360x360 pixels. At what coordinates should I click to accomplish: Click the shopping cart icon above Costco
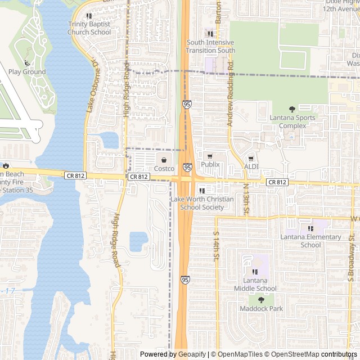coord(164,160)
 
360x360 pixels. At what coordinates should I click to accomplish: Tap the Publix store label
coord(210,165)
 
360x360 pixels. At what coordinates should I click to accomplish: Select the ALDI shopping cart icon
coord(251,159)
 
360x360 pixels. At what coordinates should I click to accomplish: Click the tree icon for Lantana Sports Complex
coord(291,109)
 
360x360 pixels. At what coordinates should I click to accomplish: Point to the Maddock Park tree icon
coord(261,300)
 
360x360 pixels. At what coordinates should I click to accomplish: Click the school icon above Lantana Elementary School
coord(310,228)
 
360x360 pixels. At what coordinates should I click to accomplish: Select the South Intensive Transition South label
coord(210,46)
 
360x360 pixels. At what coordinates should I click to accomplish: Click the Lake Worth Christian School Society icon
coord(202,191)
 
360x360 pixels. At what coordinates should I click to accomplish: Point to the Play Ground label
coord(27,72)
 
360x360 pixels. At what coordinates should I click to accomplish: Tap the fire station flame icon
coord(6,165)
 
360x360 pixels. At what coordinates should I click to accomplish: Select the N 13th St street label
coord(246,199)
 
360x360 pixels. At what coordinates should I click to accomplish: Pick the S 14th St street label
coord(215,246)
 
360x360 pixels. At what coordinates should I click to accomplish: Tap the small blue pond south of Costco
coord(138,241)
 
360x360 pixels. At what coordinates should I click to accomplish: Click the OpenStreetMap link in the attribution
coord(292,354)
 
